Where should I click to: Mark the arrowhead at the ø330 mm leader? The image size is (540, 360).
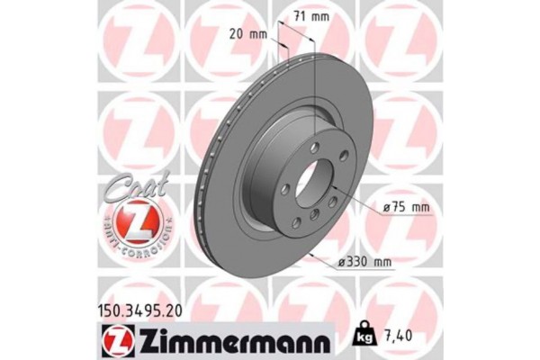point(312,256)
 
